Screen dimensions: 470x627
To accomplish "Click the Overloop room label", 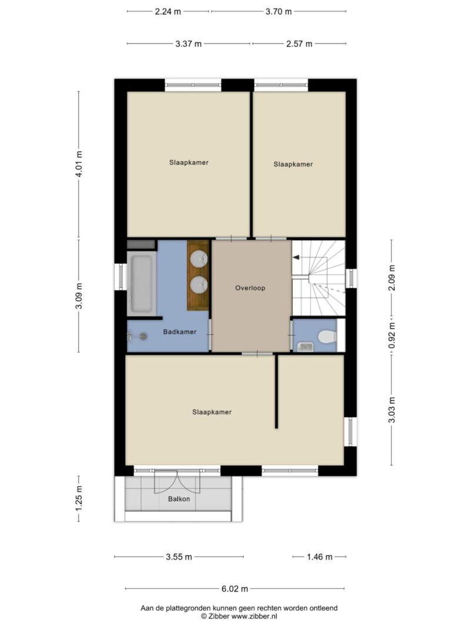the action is click(250, 288).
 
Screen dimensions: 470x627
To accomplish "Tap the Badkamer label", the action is click(179, 332).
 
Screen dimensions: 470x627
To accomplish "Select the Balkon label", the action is click(179, 499).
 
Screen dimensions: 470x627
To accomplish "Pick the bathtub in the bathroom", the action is click(142, 284).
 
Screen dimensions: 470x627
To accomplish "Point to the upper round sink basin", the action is click(199, 259).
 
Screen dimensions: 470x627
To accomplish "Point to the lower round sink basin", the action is click(199, 285).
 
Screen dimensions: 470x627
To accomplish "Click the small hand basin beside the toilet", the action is click(305, 347).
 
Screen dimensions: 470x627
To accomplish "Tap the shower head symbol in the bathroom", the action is click(143, 337).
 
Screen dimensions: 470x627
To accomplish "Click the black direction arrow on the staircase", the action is click(296, 257).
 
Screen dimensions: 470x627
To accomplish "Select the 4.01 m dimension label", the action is click(79, 164).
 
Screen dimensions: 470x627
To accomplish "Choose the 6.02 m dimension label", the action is click(234, 589).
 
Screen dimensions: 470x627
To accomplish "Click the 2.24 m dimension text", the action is click(168, 12).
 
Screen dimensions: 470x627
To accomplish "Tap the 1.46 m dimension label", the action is click(320, 557).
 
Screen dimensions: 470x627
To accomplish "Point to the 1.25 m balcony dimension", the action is click(79, 498).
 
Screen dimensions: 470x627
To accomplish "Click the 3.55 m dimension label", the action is click(179, 557).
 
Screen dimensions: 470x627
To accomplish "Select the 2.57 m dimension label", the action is click(299, 44).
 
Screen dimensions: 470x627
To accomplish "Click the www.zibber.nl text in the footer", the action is click(254, 616).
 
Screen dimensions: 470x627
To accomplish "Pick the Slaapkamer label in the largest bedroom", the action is click(212, 413).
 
